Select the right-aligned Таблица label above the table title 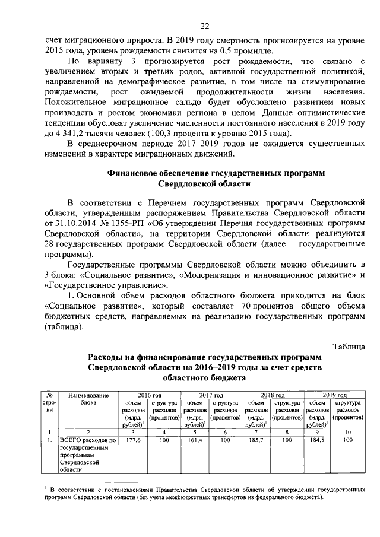[x=349, y=346]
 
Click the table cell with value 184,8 [x=317, y=441]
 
